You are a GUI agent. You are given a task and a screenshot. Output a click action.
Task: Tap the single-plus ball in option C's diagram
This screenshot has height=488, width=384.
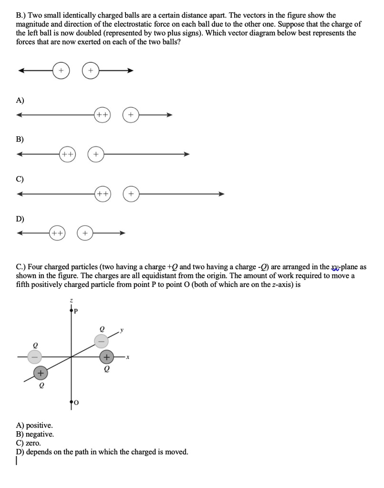[132, 194]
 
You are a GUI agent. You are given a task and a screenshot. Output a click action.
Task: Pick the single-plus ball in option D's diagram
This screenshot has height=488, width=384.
[85, 233]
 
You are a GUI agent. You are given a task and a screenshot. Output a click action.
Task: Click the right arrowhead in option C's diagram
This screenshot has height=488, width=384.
[221, 194]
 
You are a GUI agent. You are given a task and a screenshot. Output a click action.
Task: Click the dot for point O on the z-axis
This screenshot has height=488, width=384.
[72, 402]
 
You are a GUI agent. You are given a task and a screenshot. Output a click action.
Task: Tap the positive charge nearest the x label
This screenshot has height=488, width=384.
[107, 357]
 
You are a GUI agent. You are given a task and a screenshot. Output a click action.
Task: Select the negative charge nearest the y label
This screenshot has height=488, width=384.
[101, 341]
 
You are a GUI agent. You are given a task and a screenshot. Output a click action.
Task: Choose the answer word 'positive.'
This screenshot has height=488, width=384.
[40, 425]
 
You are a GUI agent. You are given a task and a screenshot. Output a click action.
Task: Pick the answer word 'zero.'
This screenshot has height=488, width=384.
[33, 443]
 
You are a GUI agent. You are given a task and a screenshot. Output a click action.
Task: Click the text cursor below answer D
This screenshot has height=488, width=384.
[17, 461]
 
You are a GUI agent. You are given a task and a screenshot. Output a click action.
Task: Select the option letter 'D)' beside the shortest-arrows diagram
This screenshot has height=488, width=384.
[20, 219]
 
